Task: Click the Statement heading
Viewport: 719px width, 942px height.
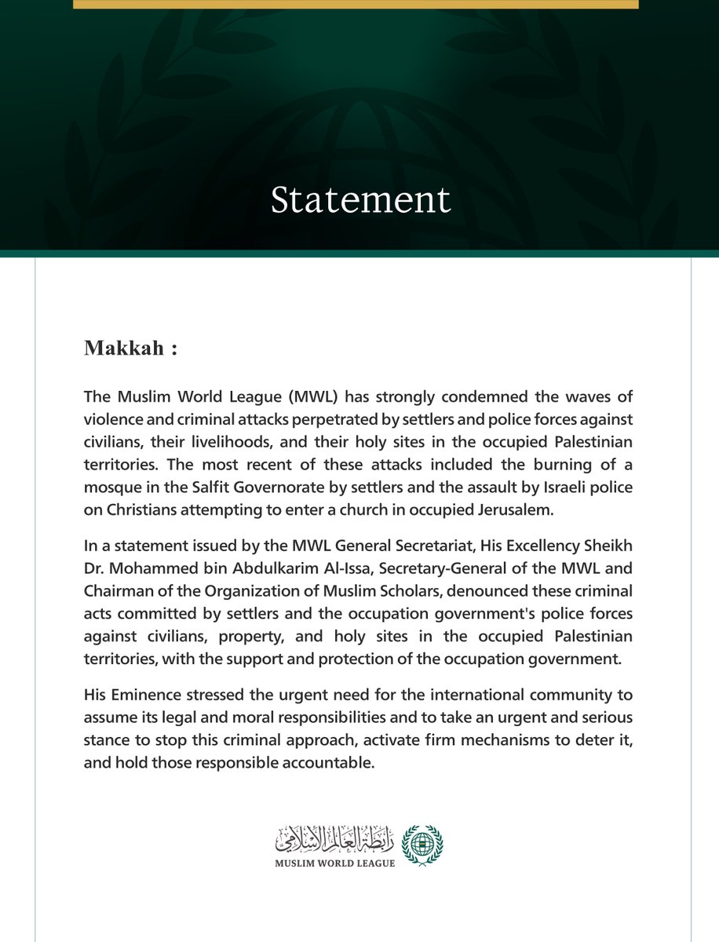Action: (360, 200)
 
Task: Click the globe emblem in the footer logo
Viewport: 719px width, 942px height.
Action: (421, 845)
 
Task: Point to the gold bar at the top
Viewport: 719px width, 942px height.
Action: (356, 4)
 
